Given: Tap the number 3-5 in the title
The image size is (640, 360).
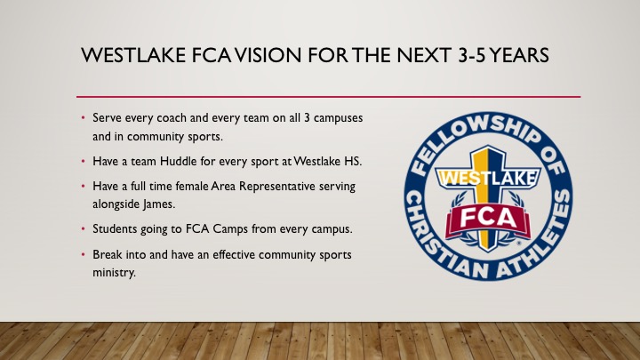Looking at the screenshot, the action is [x=471, y=55].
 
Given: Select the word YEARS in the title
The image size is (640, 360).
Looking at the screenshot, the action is [x=519, y=55].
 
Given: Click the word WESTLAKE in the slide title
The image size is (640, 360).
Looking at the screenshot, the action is [x=133, y=55].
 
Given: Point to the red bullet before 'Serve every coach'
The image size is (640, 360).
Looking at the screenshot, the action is [x=84, y=118].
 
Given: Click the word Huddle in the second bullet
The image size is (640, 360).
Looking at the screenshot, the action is [x=178, y=161].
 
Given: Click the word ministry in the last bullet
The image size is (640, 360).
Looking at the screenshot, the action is [x=114, y=272].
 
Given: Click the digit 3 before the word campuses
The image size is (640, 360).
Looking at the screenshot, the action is [x=307, y=118].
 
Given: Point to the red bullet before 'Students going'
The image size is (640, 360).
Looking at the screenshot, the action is [x=84, y=229].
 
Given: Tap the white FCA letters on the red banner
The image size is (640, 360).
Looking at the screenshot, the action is [x=488, y=219].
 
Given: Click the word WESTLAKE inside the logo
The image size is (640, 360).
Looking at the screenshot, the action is [x=488, y=178].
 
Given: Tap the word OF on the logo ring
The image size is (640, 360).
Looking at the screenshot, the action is [x=554, y=160].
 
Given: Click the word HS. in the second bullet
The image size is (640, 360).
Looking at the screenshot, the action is [x=353, y=161].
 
